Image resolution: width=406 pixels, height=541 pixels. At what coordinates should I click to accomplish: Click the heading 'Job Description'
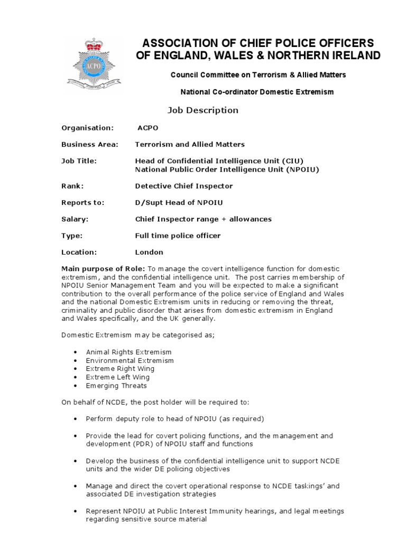(x=203, y=110)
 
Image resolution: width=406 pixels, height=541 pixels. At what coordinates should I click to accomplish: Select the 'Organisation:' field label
(x=88, y=128)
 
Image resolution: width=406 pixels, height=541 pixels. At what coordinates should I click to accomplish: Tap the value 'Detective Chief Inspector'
(x=183, y=186)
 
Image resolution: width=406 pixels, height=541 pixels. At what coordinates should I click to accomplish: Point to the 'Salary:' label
(x=75, y=219)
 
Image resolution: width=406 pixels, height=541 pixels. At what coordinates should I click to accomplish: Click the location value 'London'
(x=149, y=252)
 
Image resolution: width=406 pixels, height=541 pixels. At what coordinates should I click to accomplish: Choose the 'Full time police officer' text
(x=178, y=236)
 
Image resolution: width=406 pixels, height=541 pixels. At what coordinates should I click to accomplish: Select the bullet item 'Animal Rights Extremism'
(x=128, y=352)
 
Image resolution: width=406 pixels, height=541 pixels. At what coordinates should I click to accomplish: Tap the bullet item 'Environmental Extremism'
(x=130, y=360)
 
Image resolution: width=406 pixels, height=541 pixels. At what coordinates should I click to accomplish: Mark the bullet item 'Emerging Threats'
(x=116, y=386)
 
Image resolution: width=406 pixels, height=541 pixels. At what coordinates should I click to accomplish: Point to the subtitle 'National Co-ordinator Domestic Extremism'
(x=257, y=92)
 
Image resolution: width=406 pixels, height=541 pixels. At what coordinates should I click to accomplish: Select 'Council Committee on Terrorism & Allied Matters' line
(x=258, y=75)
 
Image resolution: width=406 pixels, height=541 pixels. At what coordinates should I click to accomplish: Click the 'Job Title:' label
(x=79, y=161)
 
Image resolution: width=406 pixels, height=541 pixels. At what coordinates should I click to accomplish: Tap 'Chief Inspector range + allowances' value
(x=204, y=219)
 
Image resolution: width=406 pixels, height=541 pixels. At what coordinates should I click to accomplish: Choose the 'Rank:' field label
(x=72, y=186)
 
